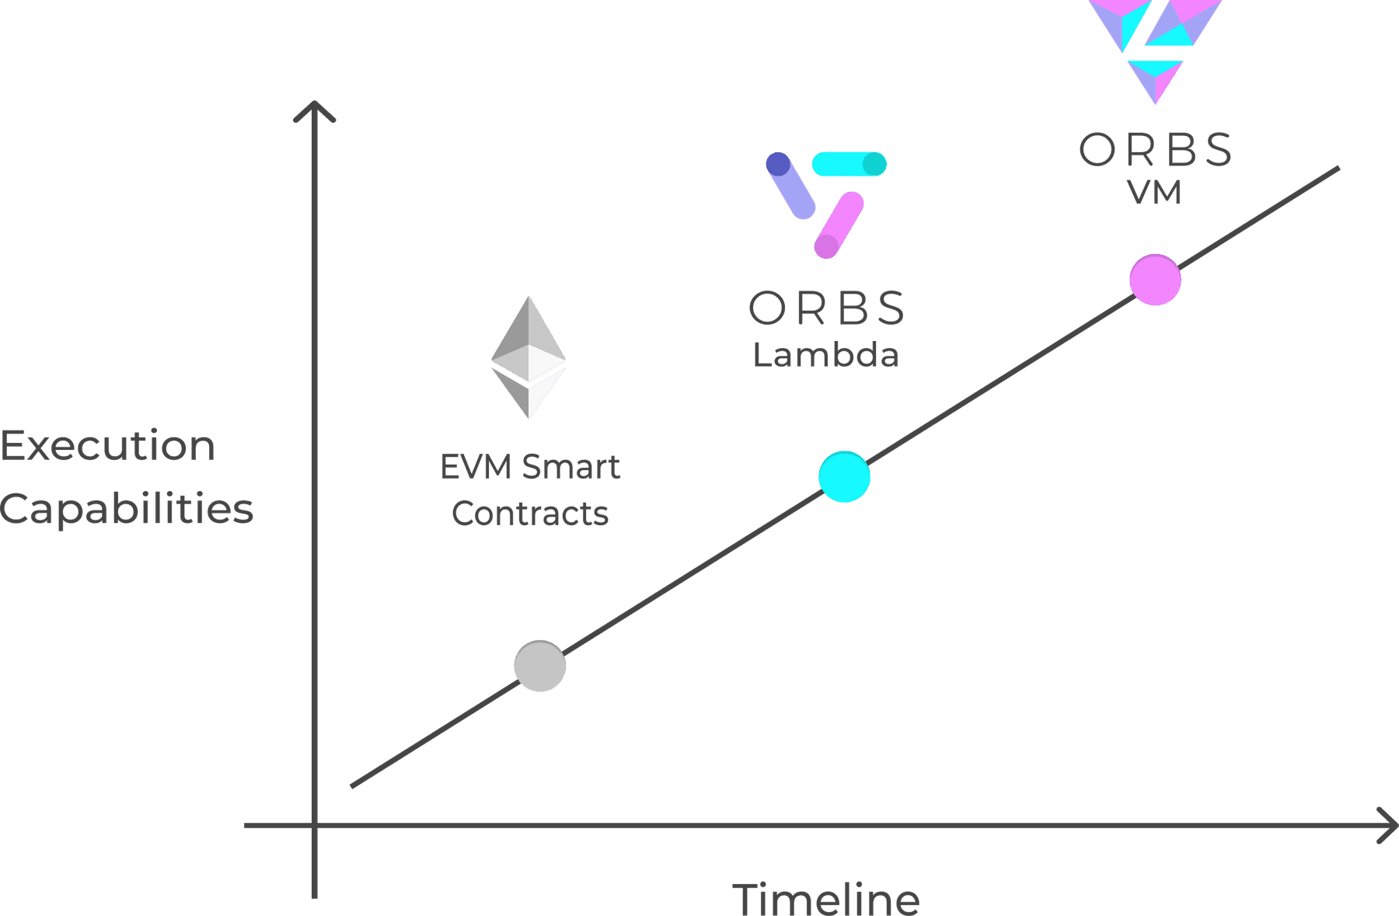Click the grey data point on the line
(540, 666)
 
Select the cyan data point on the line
(845, 476)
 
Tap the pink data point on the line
(1156, 280)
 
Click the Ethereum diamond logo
(529, 357)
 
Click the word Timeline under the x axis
(826, 899)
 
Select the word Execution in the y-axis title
(108, 446)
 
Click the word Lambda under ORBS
(826, 355)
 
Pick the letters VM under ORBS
(1155, 192)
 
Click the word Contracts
(530, 514)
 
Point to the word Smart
(571, 467)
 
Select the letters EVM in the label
(476, 467)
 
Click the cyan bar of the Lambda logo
(850, 164)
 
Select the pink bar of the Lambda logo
(839, 225)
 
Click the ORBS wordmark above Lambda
(826, 308)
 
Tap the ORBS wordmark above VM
(1155, 149)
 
